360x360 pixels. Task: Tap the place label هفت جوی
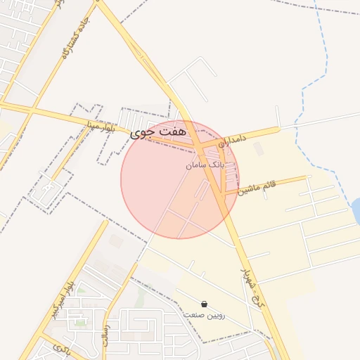pos(160,131)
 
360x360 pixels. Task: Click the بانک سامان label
pos(205,165)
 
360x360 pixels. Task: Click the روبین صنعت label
pos(204,315)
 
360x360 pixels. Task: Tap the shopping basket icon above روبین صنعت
pos(204,304)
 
